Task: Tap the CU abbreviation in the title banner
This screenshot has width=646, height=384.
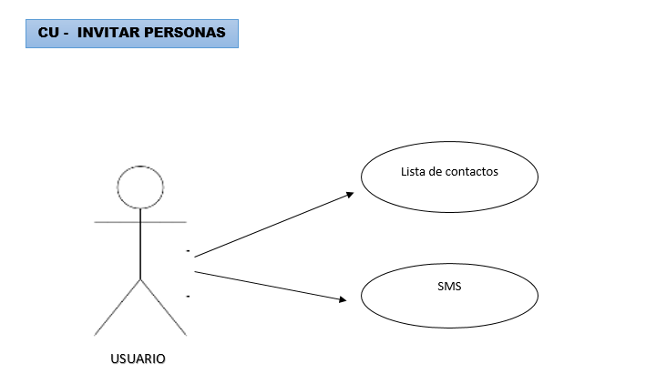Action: click(47, 33)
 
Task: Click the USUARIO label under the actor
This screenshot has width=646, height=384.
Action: click(138, 359)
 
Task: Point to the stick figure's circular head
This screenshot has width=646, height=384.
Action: click(140, 188)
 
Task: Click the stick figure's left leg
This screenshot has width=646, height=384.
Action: click(118, 306)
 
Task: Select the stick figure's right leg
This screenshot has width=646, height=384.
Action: click(163, 306)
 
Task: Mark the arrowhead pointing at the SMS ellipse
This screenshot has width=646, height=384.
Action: click(343, 298)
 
